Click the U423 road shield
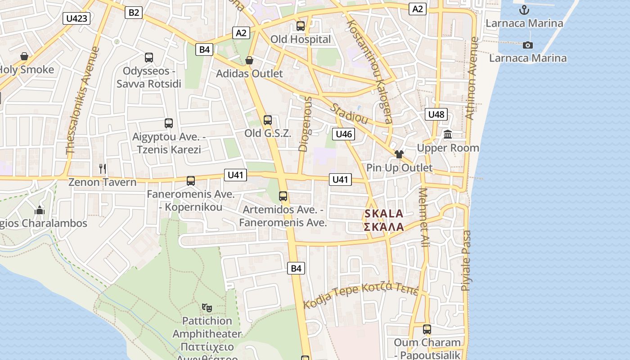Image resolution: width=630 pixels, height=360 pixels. (77, 18)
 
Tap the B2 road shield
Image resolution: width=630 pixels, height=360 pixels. (134, 12)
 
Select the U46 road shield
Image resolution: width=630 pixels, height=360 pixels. (343, 134)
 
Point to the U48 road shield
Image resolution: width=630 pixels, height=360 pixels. (436, 114)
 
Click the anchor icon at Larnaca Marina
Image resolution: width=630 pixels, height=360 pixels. (524, 10)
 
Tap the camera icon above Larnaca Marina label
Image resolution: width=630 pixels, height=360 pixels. (528, 45)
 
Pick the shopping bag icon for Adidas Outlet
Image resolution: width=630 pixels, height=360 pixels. (249, 60)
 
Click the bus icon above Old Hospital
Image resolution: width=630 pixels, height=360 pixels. (301, 26)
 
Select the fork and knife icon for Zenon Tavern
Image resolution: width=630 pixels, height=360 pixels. (103, 169)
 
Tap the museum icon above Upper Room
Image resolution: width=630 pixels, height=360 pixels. (448, 134)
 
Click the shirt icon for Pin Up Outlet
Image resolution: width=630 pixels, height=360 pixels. (399, 154)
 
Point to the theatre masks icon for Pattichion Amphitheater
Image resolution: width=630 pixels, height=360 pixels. (207, 307)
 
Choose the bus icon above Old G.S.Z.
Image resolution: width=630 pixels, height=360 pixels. (268, 120)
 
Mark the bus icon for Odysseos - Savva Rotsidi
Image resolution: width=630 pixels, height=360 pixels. (149, 58)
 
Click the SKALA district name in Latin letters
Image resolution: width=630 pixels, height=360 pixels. (384, 214)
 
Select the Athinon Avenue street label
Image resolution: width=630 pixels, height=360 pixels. (471, 78)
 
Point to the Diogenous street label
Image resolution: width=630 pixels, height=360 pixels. (306, 123)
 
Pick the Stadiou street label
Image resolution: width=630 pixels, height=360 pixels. (350, 114)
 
